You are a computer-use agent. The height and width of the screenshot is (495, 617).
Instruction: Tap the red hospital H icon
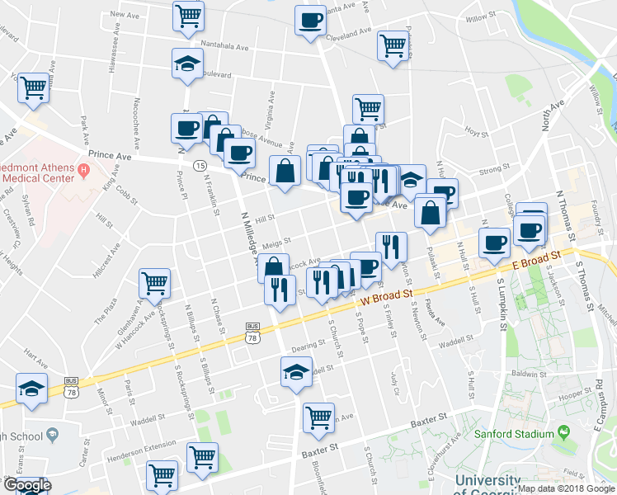[82, 171]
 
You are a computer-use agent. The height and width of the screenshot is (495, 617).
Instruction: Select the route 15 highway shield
[200, 166]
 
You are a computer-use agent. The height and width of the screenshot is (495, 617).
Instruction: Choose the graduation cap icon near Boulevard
[187, 63]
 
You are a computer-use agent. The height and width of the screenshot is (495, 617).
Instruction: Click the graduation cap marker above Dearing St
[296, 371]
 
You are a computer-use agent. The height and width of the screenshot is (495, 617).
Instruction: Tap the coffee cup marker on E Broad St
[495, 243]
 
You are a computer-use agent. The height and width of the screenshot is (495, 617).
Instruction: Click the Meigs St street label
[276, 242]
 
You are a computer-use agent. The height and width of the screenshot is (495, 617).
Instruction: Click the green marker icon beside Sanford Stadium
[563, 431]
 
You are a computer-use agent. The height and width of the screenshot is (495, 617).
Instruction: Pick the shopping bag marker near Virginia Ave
[285, 172]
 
